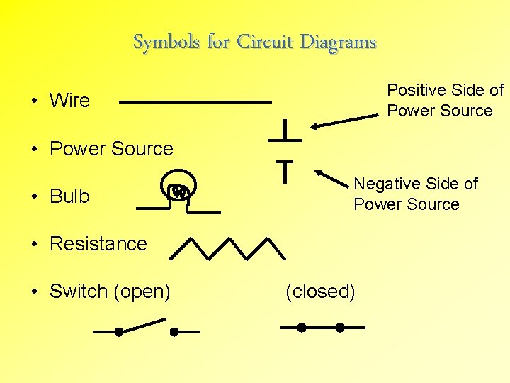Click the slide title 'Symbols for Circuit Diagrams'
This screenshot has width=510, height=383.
pos(254,43)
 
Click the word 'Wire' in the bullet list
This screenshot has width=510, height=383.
pos(69,101)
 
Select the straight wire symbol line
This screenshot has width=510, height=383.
pos(195,102)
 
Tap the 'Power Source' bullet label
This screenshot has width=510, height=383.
pos(111,149)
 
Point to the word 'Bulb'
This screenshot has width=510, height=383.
pos(69,196)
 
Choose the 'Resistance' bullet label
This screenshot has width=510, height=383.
pos(98,244)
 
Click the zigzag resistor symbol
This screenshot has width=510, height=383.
pos(227,248)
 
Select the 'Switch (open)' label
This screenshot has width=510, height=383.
pos(110,292)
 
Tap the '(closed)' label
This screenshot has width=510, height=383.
pos(320,292)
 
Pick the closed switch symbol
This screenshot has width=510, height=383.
pos(322,328)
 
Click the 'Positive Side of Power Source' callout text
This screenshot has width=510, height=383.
pos(445,101)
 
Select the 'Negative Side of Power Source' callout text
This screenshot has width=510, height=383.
pos(416,194)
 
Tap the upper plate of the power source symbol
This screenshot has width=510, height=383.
pos(284,138)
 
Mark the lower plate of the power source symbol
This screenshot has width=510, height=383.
pos(284,165)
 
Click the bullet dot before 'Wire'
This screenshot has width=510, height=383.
pos(34,101)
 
